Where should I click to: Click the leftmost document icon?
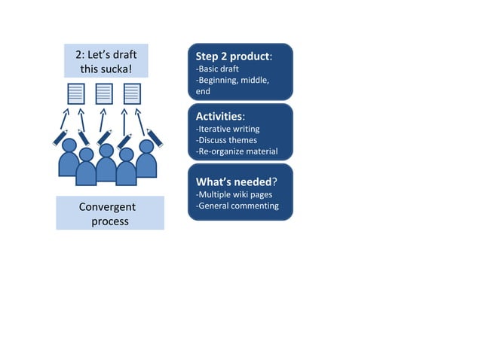pos(76,93)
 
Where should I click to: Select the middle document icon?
pos(104,93)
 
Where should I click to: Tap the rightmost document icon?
pos(132,93)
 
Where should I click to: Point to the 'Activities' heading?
pos(219,117)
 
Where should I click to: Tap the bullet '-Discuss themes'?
pos(226,140)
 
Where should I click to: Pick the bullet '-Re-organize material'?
pos(237,151)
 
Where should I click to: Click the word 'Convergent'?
pos(107,206)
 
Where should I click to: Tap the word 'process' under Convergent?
pos(110,221)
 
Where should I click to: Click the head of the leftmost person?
pos(69,145)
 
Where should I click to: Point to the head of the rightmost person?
pos(146,145)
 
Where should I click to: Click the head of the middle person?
pos(106,150)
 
